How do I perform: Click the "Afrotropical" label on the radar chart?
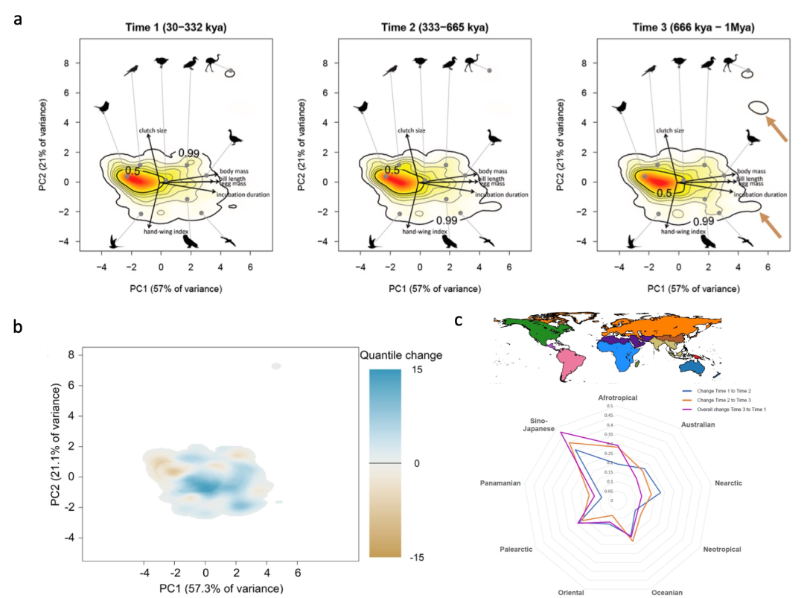[617, 398]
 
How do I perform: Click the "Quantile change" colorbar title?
[401, 355]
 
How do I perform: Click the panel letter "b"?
[16, 327]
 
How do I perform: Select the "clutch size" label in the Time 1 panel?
[153, 130]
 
